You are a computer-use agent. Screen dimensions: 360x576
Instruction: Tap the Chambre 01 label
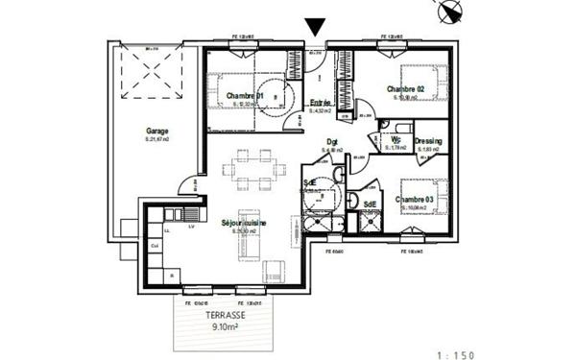[246, 95]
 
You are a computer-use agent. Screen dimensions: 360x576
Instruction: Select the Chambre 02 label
[405, 88]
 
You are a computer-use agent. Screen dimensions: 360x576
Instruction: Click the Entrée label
[320, 103]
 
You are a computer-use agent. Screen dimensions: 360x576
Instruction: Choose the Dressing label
[428, 141]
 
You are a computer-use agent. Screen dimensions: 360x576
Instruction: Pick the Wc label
[396, 139]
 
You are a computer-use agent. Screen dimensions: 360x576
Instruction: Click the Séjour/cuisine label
[244, 223]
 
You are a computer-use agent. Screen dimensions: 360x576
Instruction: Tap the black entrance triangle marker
[314, 28]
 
